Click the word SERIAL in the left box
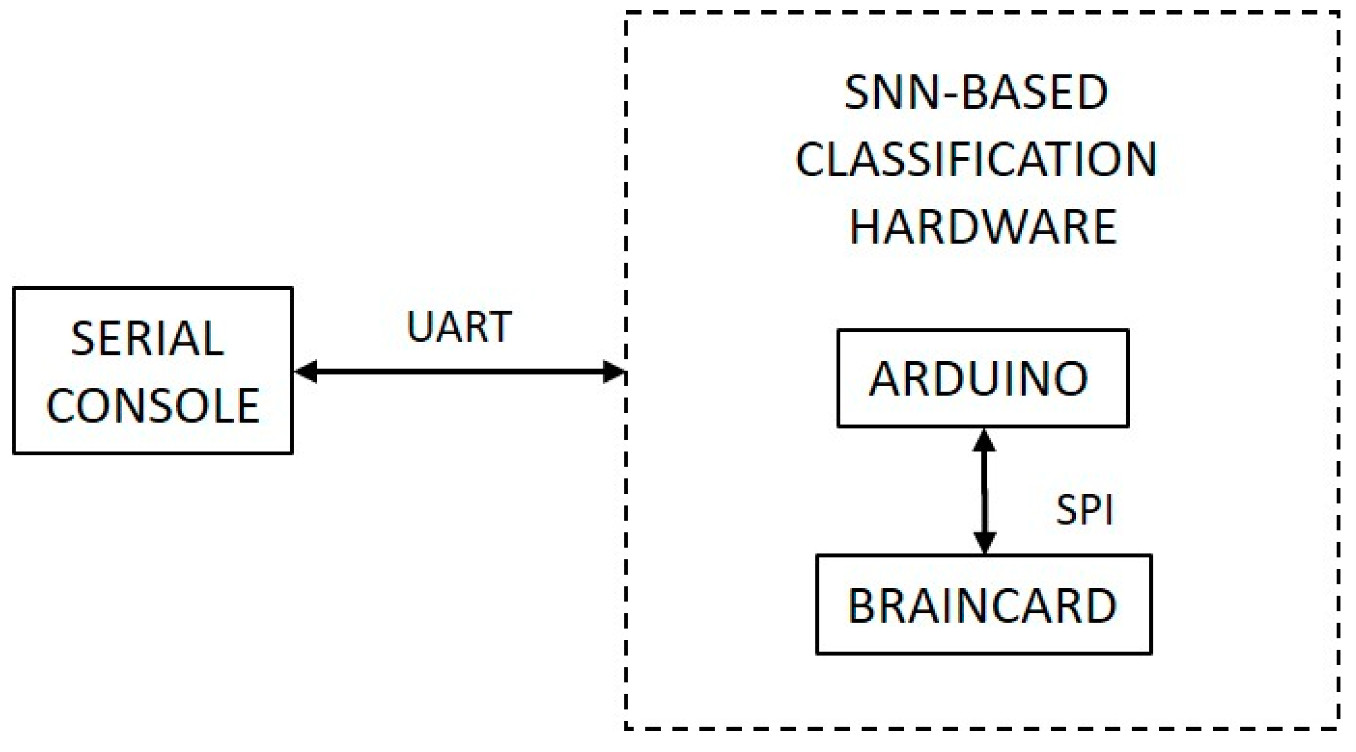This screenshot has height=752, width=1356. [147, 339]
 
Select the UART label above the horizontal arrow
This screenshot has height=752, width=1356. [459, 326]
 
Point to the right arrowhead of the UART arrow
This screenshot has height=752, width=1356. [614, 371]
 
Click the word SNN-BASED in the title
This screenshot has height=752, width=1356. [976, 93]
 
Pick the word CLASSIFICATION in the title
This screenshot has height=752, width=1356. [976, 160]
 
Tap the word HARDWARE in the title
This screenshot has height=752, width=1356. [983, 227]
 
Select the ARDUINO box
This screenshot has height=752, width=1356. [983, 378]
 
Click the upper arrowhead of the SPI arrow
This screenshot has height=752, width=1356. [984, 440]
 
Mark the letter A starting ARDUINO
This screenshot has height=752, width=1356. [886, 379]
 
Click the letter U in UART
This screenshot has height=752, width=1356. [419, 326]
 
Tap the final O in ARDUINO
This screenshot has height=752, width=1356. [1069, 379]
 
